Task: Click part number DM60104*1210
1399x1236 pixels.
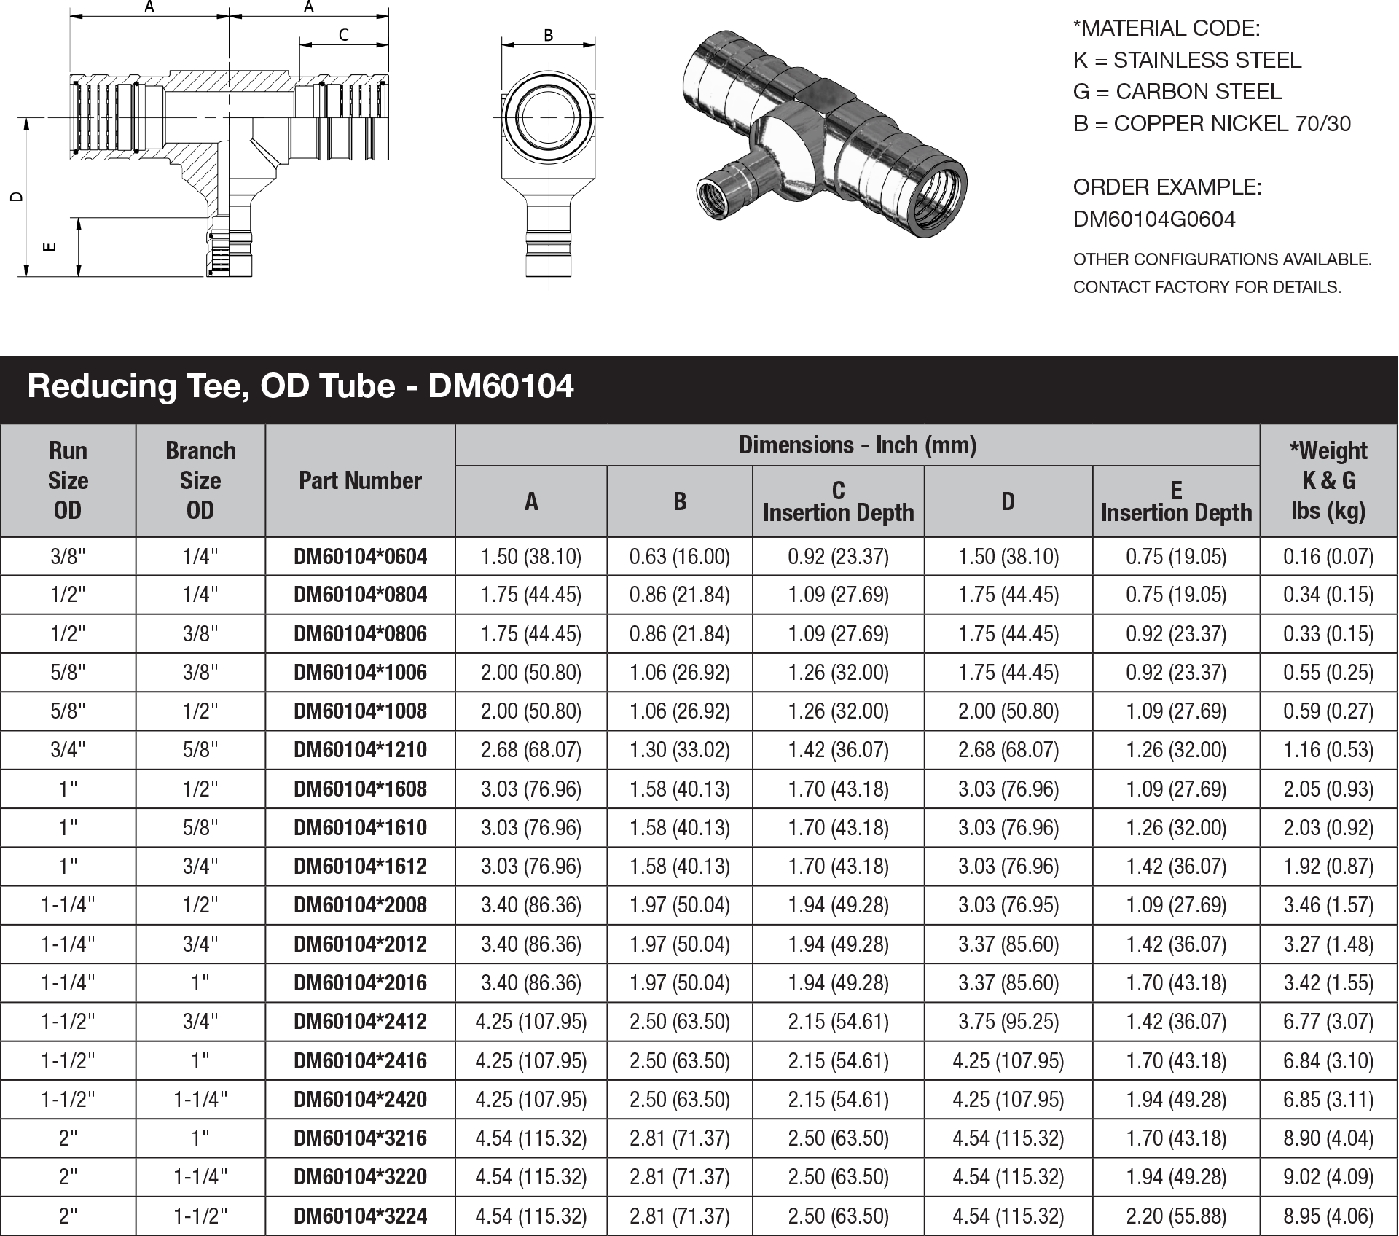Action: click(x=360, y=750)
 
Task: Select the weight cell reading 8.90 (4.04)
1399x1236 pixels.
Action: click(x=1328, y=1138)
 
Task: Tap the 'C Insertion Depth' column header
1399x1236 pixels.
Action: click(x=838, y=501)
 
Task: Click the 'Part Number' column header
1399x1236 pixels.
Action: click(x=360, y=481)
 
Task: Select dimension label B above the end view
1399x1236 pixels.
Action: click(x=549, y=34)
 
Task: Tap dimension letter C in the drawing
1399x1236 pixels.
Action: click(x=344, y=34)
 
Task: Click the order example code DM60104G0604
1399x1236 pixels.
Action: click(x=1154, y=219)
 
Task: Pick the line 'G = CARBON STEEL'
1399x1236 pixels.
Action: click(x=1177, y=92)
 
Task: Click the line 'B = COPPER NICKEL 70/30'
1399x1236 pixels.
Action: click(x=1212, y=124)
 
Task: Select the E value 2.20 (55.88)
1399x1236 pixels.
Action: click(x=1175, y=1216)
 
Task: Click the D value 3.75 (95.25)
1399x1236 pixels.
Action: click(x=1008, y=1022)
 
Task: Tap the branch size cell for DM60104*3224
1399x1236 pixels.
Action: click(x=200, y=1216)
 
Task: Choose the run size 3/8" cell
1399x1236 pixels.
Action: click(x=68, y=557)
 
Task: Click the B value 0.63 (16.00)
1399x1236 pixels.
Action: click(x=679, y=557)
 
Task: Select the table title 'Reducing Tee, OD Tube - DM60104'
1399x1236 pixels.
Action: click(x=300, y=386)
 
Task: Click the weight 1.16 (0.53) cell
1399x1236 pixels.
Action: click(x=1328, y=750)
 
